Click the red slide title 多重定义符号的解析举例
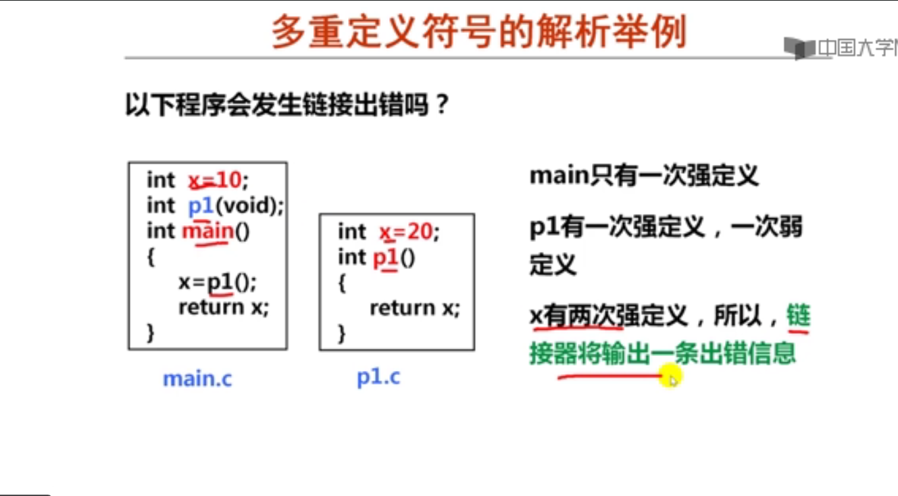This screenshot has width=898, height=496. pos(479,31)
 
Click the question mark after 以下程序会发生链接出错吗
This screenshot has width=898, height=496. pos(443,104)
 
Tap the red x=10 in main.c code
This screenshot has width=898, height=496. pos(214,180)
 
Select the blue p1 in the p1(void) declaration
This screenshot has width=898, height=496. pos(201,205)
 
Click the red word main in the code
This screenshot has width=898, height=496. pos(207,231)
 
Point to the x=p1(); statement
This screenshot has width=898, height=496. pos(218,282)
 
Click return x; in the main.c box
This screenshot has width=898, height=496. pos(224,307)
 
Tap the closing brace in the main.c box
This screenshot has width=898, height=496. pos(150,332)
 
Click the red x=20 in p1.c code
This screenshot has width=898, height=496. pos(405,231)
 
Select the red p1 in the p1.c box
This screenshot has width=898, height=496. pos(385,258)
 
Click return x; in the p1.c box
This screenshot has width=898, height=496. pos(415,308)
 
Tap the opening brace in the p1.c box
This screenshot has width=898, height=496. pos(341,283)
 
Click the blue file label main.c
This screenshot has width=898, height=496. pos(197,378)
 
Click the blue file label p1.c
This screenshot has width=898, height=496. pos(378,377)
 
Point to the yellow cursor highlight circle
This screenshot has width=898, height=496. pos(670,376)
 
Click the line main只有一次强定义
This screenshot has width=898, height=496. pos(644,176)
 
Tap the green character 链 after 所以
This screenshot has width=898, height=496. pos(798,316)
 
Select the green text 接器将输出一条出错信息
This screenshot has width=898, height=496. pos(663,353)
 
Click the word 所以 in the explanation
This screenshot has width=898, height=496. pos(738,316)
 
